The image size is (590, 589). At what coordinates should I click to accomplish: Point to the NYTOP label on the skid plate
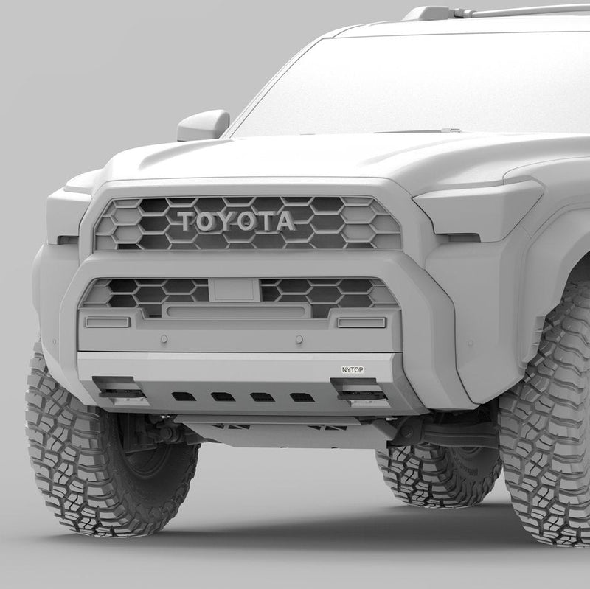tap(353, 370)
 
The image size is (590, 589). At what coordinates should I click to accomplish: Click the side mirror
tap(204, 125)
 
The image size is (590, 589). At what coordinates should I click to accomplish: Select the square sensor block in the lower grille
tap(234, 290)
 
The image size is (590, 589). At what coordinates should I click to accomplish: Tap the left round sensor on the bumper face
tap(164, 339)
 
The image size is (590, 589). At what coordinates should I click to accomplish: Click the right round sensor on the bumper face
tap(299, 339)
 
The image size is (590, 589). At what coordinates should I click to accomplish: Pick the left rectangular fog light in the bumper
tap(108, 322)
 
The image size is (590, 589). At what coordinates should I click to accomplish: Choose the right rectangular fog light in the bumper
tap(362, 322)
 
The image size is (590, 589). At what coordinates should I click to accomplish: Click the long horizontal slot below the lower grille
tap(236, 311)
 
